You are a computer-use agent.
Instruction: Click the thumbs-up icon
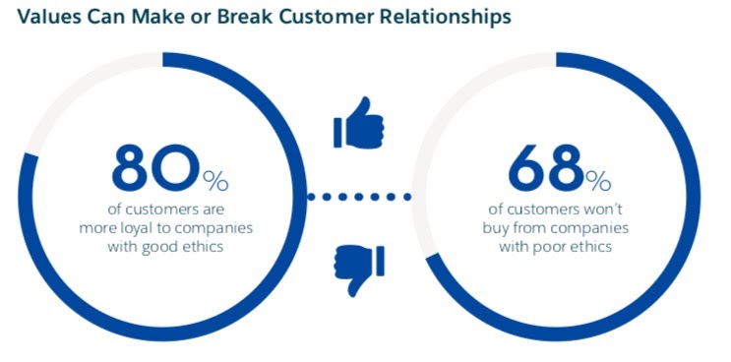point(358,123)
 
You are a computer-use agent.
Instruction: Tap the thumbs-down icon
point(358,271)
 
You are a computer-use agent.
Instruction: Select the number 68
point(545,168)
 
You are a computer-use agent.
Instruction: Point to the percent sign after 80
point(215,181)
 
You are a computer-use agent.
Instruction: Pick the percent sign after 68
point(598,181)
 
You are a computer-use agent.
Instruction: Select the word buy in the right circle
point(496,229)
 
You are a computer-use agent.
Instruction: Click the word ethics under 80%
point(201,246)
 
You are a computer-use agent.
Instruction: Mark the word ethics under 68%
point(589,246)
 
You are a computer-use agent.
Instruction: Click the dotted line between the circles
point(359,197)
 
